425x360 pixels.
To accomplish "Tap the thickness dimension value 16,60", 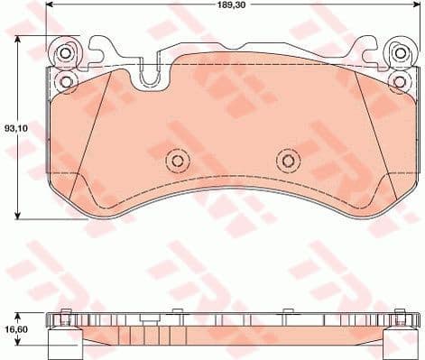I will [14, 329].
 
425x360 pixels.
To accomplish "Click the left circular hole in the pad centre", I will [178, 162].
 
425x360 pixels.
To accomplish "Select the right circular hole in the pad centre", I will [286, 162].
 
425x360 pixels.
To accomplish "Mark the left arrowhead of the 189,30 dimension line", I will [50, 13].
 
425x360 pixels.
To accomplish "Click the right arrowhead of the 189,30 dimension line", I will [411, 13].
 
